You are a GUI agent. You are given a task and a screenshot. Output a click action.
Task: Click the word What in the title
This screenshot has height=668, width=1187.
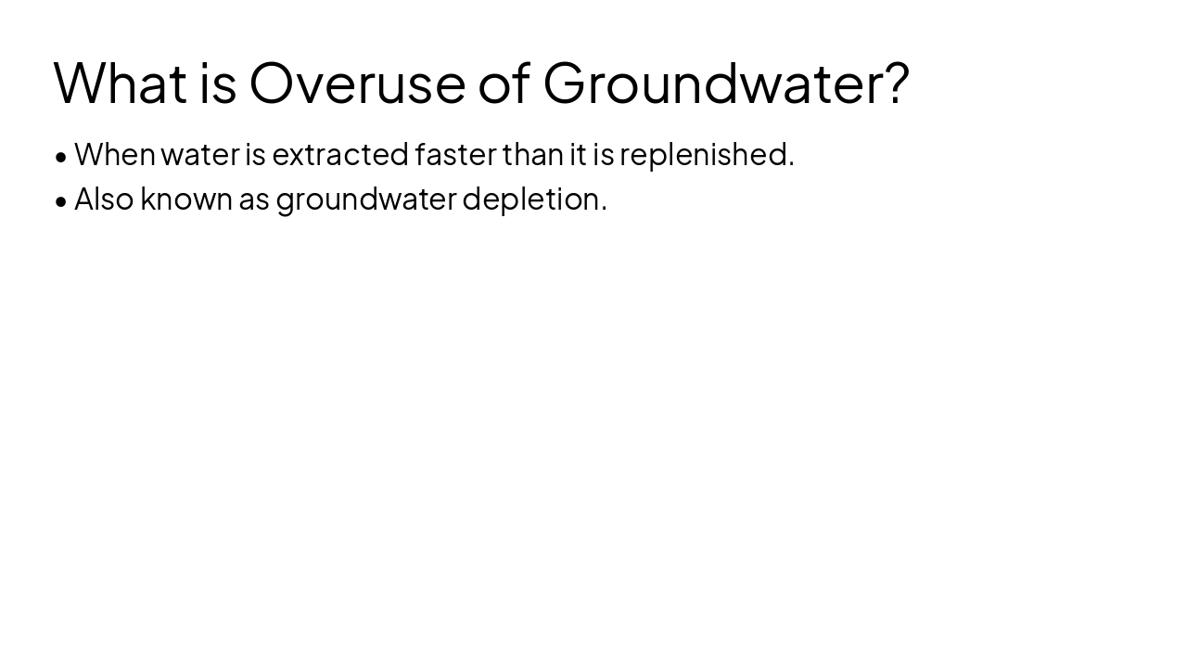tap(121, 83)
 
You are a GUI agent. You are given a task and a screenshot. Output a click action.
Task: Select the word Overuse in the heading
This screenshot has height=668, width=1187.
tap(357, 83)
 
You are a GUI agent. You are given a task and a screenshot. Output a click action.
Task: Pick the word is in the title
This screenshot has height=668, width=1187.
tap(218, 83)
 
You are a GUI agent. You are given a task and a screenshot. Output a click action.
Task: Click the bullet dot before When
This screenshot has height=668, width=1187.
tap(61, 157)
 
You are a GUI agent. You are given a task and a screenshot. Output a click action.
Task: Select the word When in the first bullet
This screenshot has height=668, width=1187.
tap(115, 154)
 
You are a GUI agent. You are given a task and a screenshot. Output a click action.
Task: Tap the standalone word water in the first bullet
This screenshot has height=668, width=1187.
tap(200, 154)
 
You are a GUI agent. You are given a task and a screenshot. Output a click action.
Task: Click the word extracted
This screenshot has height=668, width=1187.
tap(340, 154)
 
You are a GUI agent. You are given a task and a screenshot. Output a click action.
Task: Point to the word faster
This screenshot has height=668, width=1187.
tap(455, 154)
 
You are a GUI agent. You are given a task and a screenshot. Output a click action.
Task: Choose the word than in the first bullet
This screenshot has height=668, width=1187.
tap(532, 154)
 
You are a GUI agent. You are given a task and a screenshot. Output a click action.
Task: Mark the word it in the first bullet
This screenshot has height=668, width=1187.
tap(578, 154)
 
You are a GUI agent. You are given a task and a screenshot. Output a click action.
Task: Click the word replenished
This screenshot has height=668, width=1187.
tap(706, 154)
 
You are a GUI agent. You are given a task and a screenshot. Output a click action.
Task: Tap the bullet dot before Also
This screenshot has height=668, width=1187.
tap(61, 201)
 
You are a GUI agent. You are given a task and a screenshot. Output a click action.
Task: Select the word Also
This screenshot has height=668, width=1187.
tap(104, 199)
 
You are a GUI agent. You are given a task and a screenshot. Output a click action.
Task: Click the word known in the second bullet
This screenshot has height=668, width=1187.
tap(186, 199)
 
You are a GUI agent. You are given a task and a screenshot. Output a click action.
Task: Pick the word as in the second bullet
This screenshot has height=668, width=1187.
tap(254, 199)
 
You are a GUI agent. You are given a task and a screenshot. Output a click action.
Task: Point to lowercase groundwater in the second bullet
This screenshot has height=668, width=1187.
tap(366, 199)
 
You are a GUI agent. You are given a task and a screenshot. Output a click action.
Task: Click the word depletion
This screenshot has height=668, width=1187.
tap(534, 199)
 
